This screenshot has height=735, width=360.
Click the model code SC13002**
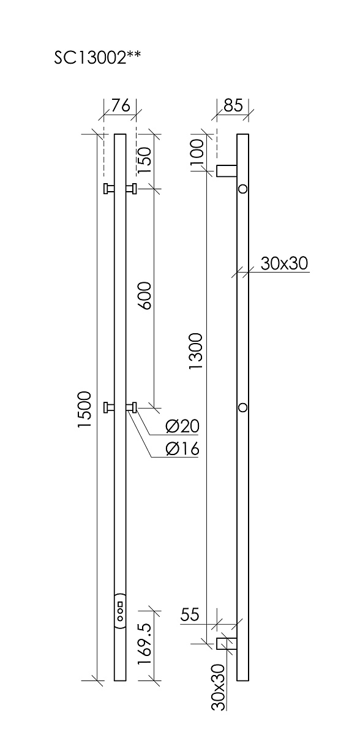pos(97,58)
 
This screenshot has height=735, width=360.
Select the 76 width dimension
pos(121,105)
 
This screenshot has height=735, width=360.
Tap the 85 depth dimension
pos(233,105)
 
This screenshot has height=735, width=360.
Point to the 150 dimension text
pos(144,160)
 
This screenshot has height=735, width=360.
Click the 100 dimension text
pos(197,153)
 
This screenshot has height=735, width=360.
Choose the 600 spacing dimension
pos(144,295)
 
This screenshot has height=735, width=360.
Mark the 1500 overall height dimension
pos(84,409)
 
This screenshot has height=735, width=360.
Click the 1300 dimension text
pos(197,352)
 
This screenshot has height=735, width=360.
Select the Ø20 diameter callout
pos(182,426)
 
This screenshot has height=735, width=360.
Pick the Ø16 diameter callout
pos(182,448)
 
